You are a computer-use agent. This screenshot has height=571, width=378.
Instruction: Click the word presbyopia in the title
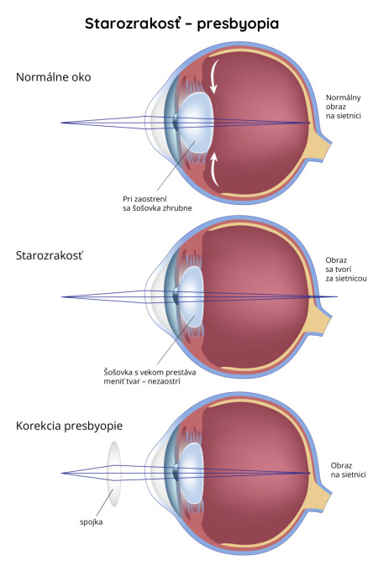[238, 24]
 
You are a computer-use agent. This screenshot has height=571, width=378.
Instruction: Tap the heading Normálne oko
[54, 77]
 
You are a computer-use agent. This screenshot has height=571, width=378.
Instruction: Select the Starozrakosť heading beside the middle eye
[50, 255]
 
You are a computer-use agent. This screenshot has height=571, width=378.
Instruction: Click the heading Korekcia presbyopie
[69, 426]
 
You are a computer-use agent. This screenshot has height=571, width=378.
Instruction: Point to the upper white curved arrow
[214, 76]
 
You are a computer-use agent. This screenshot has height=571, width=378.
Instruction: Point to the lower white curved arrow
[214, 170]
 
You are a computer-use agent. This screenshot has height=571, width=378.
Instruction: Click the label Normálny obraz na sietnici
[344, 107]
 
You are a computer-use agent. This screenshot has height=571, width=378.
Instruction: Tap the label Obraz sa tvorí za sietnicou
[346, 270]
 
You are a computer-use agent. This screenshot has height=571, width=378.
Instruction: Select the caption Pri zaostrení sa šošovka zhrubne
[157, 203]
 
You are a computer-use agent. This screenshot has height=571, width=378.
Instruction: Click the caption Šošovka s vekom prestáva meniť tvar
[150, 377]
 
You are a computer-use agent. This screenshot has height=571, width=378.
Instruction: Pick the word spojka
[91, 521]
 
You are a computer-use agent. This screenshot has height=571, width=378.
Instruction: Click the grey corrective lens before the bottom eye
[114, 474]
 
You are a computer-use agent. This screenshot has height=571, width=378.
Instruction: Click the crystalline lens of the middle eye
[191, 296]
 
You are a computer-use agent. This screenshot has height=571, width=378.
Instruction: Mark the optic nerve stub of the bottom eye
[321, 497]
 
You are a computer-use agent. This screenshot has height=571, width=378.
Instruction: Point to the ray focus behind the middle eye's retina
[337, 296]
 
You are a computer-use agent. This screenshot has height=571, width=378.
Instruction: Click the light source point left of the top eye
[61, 123]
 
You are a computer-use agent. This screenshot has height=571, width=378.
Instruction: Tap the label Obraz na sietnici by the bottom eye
[348, 470]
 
